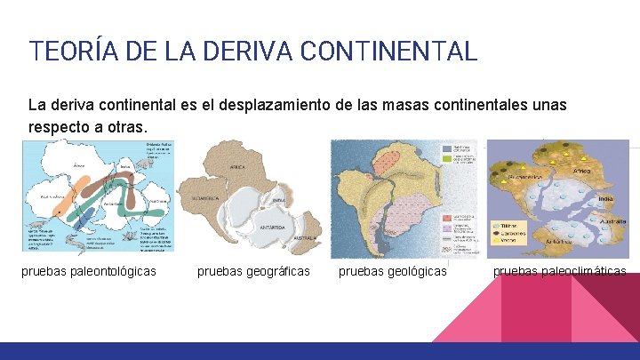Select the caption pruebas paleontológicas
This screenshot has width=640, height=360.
89,270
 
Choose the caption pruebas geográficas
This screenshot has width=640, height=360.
253,270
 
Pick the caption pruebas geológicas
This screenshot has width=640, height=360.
393,270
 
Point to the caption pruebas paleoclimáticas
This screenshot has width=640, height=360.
559,270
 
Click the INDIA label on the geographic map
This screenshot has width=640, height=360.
278,200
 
